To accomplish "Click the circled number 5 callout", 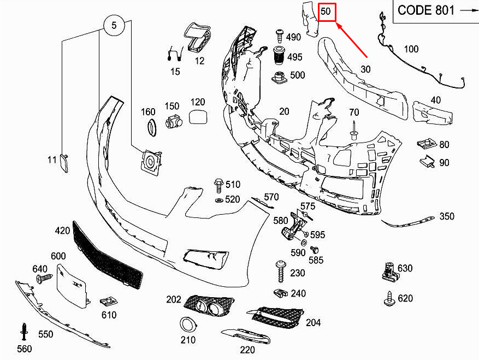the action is coord(114,25).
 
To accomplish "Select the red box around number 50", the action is coord(327,12).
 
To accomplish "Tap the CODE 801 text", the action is coord(426,10).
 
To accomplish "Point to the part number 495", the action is coord(294,57).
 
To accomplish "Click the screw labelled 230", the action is coord(281,272).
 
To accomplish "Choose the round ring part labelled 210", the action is coord(187,324).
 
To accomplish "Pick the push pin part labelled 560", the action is coord(24,332).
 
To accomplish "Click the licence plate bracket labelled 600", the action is coord(73,286).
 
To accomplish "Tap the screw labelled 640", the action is coord(44,278).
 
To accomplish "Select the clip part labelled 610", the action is coord(109,302).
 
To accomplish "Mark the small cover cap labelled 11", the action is coord(64,163).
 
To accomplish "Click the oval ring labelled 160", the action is coord(152,128).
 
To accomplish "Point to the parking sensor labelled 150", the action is coord(173,121).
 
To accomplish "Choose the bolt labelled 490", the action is coord(280,36).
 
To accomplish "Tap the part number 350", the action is coord(447,216).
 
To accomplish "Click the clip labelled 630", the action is coord(389,272).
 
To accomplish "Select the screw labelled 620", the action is coord(389,299).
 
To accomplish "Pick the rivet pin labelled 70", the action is coord(353,131).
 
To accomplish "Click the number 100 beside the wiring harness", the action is coord(411,49).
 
